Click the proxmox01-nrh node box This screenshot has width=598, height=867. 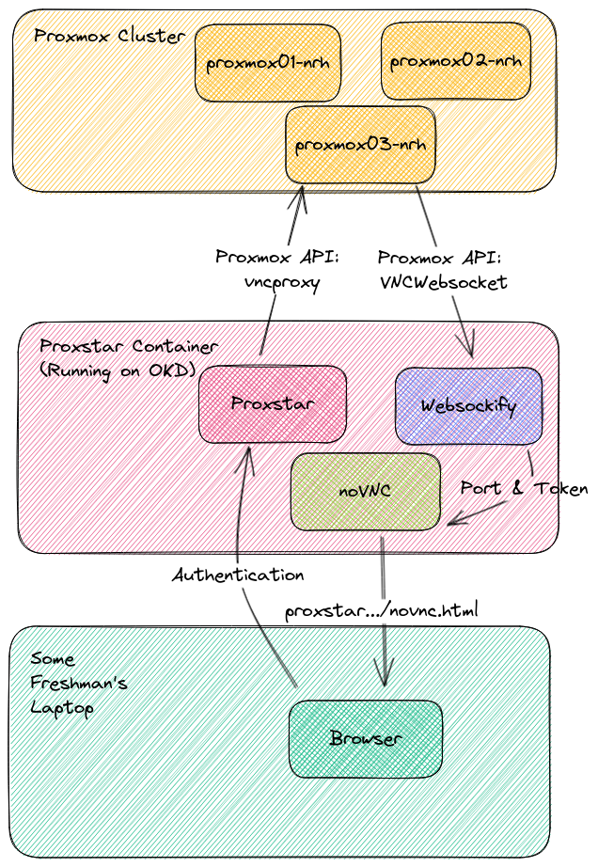[267, 62]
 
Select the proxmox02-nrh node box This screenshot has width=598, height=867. [456, 61]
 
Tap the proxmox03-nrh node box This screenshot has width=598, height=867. [360, 144]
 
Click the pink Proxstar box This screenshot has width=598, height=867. [273, 403]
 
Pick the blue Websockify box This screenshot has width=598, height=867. [468, 406]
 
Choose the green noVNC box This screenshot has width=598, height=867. [366, 491]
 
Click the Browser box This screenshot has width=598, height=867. [366, 739]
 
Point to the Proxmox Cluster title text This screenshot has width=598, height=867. [109, 36]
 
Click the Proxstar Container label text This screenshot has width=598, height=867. [129, 346]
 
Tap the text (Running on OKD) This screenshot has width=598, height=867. [118, 370]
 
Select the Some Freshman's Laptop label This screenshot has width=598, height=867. [78, 684]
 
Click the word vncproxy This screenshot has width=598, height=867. [282, 282]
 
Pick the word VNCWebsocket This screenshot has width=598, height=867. [444, 282]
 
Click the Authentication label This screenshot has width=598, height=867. [238, 575]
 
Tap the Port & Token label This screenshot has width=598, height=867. [524, 488]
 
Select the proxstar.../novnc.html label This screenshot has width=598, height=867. [382, 610]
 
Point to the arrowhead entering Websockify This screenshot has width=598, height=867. [468, 346]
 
